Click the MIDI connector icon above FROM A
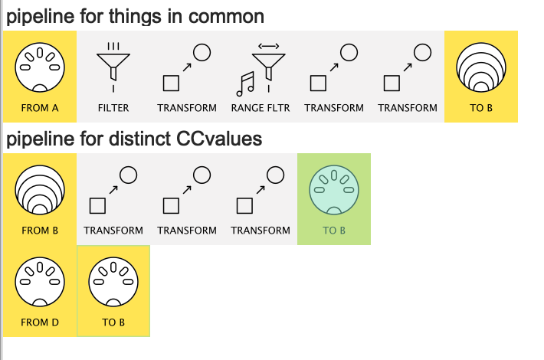coord(39,66)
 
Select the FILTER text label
coord(113,108)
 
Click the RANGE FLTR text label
coord(261,108)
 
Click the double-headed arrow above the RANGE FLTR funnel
coord(269,47)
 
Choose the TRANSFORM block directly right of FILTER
coord(187,77)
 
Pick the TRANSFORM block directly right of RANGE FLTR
coord(334,77)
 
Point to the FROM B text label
coord(40,231)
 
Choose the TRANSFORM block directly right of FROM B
coord(113,199)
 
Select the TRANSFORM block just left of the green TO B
coord(261,199)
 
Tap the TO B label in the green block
coord(334,231)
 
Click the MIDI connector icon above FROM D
coord(39,281)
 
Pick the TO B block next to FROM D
coord(113,291)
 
